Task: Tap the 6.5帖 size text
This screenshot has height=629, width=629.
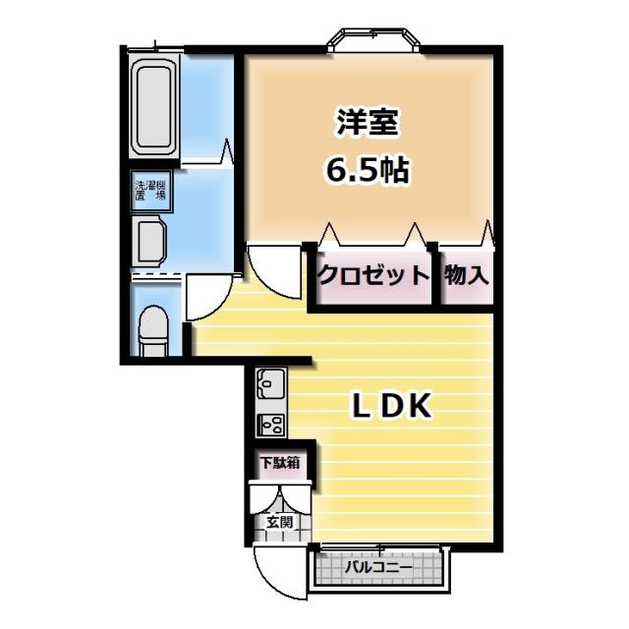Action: [368, 171]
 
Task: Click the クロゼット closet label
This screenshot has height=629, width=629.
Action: [373, 274]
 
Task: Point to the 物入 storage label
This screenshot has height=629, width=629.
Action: [466, 274]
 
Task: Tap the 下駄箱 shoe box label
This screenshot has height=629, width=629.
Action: [280, 462]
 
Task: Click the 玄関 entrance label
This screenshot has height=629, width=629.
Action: [278, 522]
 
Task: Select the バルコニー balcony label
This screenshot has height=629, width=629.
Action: [379, 567]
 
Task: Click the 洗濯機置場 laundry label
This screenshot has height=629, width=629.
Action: [150, 191]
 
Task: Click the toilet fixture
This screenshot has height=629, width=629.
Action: [153, 329]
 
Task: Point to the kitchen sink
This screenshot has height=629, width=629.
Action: [270, 382]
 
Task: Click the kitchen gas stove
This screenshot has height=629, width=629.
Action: [270, 424]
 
